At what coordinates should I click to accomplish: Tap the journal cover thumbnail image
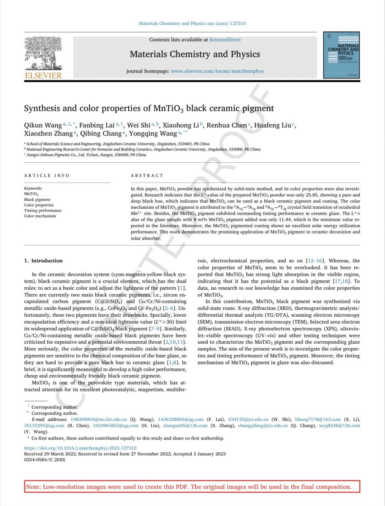(x=341, y=55)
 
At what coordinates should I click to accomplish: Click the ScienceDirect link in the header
(x=225, y=40)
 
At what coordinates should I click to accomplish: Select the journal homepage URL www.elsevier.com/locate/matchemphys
(x=217, y=71)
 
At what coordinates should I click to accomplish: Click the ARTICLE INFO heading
(x=47, y=175)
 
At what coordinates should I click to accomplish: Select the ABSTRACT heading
(x=146, y=175)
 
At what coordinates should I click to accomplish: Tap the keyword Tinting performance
(x=43, y=210)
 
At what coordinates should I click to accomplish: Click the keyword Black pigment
(x=37, y=199)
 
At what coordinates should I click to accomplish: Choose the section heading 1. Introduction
(x=43, y=261)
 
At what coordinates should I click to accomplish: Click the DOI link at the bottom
(x=80, y=448)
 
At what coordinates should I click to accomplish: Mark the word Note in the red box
(x=33, y=487)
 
